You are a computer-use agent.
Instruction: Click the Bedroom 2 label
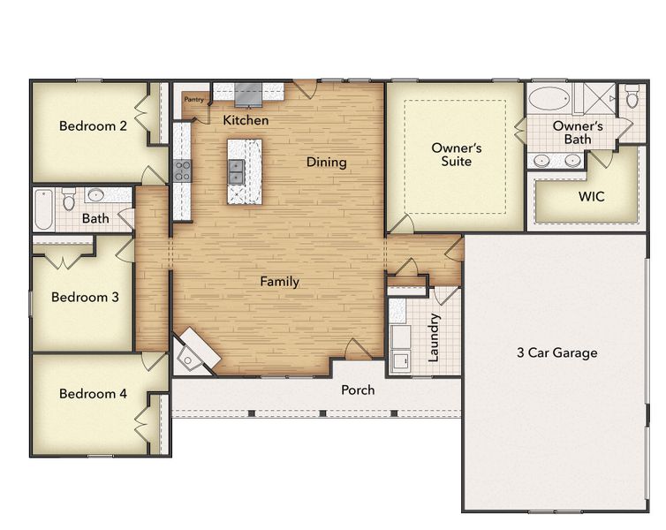[93, 126]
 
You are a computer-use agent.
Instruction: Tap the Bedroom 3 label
[85, 297]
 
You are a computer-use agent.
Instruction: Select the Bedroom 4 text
[93, 393]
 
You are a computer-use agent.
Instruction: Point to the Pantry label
[193, 100]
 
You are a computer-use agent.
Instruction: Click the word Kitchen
[246, 120]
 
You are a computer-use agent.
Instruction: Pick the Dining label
[326, 163]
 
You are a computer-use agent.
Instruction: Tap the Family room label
[279, 282]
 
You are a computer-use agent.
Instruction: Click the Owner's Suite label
[456, 155]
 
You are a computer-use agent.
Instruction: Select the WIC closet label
[591, 196]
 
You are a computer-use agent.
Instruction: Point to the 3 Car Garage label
[556, 353]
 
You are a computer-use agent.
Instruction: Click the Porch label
[358, 390]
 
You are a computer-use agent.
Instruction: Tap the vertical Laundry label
[435, 337]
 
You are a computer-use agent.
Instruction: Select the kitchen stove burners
[182, 170]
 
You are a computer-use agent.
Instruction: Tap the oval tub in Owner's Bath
[550, 97]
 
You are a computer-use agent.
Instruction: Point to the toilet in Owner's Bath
[632, 99]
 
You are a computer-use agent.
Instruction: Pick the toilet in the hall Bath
[69, 201]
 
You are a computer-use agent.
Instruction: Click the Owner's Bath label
[578, 132]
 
